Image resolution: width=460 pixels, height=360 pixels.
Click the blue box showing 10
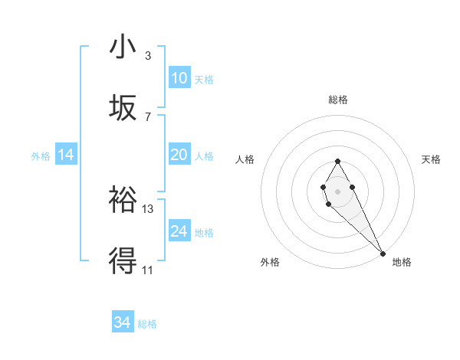tap(179, 78)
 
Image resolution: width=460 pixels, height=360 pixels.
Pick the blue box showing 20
tap(179, 155)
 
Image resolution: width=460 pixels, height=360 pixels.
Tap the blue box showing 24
tap(179, 231)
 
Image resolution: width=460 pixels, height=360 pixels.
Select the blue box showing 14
tap(66, 155)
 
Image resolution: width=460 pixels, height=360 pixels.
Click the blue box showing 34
tap(123, 322)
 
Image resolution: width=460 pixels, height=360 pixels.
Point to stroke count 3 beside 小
tap(148, 56)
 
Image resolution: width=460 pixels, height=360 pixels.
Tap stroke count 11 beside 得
tap(148, 270)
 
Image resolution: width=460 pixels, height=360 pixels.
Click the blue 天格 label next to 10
tap(204, 79)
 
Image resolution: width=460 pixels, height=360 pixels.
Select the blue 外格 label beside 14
tap(41, 155)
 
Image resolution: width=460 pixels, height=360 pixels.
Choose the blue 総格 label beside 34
tap(147, 323)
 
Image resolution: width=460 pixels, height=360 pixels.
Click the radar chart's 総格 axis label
tap(338, 100)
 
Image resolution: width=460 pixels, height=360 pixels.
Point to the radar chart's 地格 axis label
tap(402, 262)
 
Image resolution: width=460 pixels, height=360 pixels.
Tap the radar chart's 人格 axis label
tap(245, 159)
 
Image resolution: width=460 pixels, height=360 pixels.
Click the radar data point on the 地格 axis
tap(383, 254)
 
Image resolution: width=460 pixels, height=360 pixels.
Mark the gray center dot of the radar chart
tap(337, 191)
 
